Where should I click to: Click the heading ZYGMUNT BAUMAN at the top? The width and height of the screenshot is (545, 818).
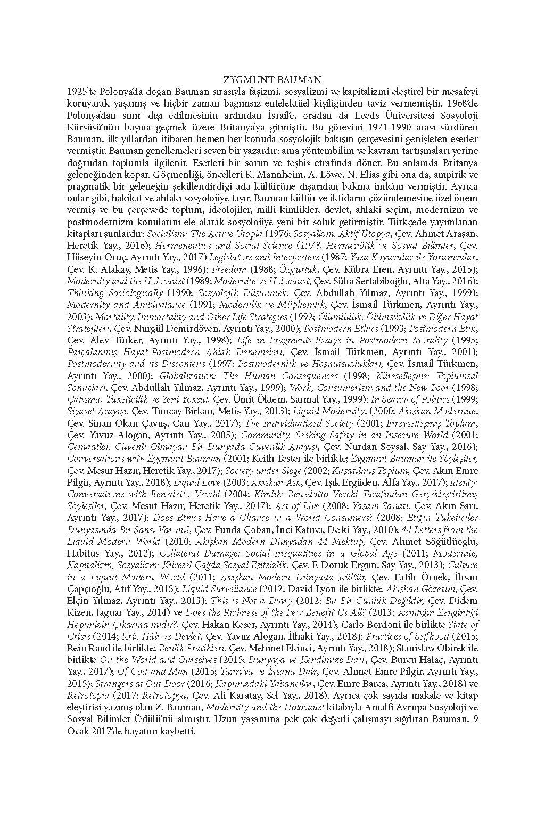[272, 80]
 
